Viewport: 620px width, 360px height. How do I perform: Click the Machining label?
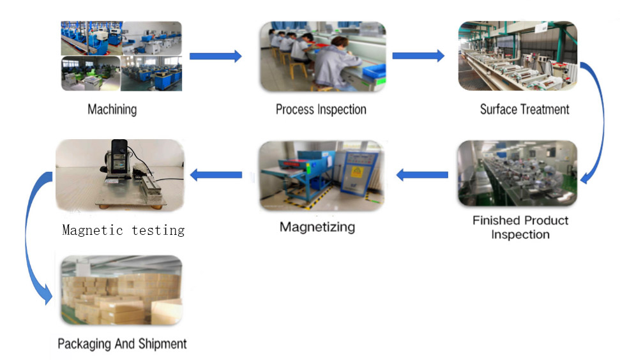pyautogui.click(x=112, y=109)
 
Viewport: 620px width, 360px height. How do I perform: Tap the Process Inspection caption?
pyautogui.click(x=321, y=109)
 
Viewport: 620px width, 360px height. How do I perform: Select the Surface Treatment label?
pyautogui.click(x=525, y=109)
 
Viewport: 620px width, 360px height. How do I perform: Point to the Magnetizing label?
pyautogui.click(x=317, y=227)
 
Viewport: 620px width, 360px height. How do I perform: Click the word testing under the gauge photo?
pyautogui.click(x=158, y=230)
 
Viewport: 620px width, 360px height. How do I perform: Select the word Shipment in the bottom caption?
pyautogui.click(x=162, y=344)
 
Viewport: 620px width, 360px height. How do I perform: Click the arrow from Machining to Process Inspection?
pyautogui.click(x=215, y=56)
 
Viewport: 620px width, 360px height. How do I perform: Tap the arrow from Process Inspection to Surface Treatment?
pyautogui.click(x=418, y=56)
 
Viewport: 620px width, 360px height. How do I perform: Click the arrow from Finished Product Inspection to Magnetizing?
pyautogui.click(x=422, y=175)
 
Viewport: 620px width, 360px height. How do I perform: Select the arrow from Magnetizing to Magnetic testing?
pyautogui.click(x=216, y=175)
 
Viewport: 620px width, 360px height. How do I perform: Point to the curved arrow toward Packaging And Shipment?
pyautogui.click(x=27, y=237)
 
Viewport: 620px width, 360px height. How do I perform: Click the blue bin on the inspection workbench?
pyautogui.click(x=374, y=70)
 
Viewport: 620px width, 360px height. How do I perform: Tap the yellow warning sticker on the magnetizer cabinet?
pyautogui.click(x=357, y=172)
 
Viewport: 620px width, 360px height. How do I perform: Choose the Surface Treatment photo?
pyautogui.click(x=518, y=56)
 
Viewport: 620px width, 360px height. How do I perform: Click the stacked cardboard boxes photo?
pyautogui.click(x=122, y=290)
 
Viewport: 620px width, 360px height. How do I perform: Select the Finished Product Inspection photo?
pyautogui.click(x=517, y=173)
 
